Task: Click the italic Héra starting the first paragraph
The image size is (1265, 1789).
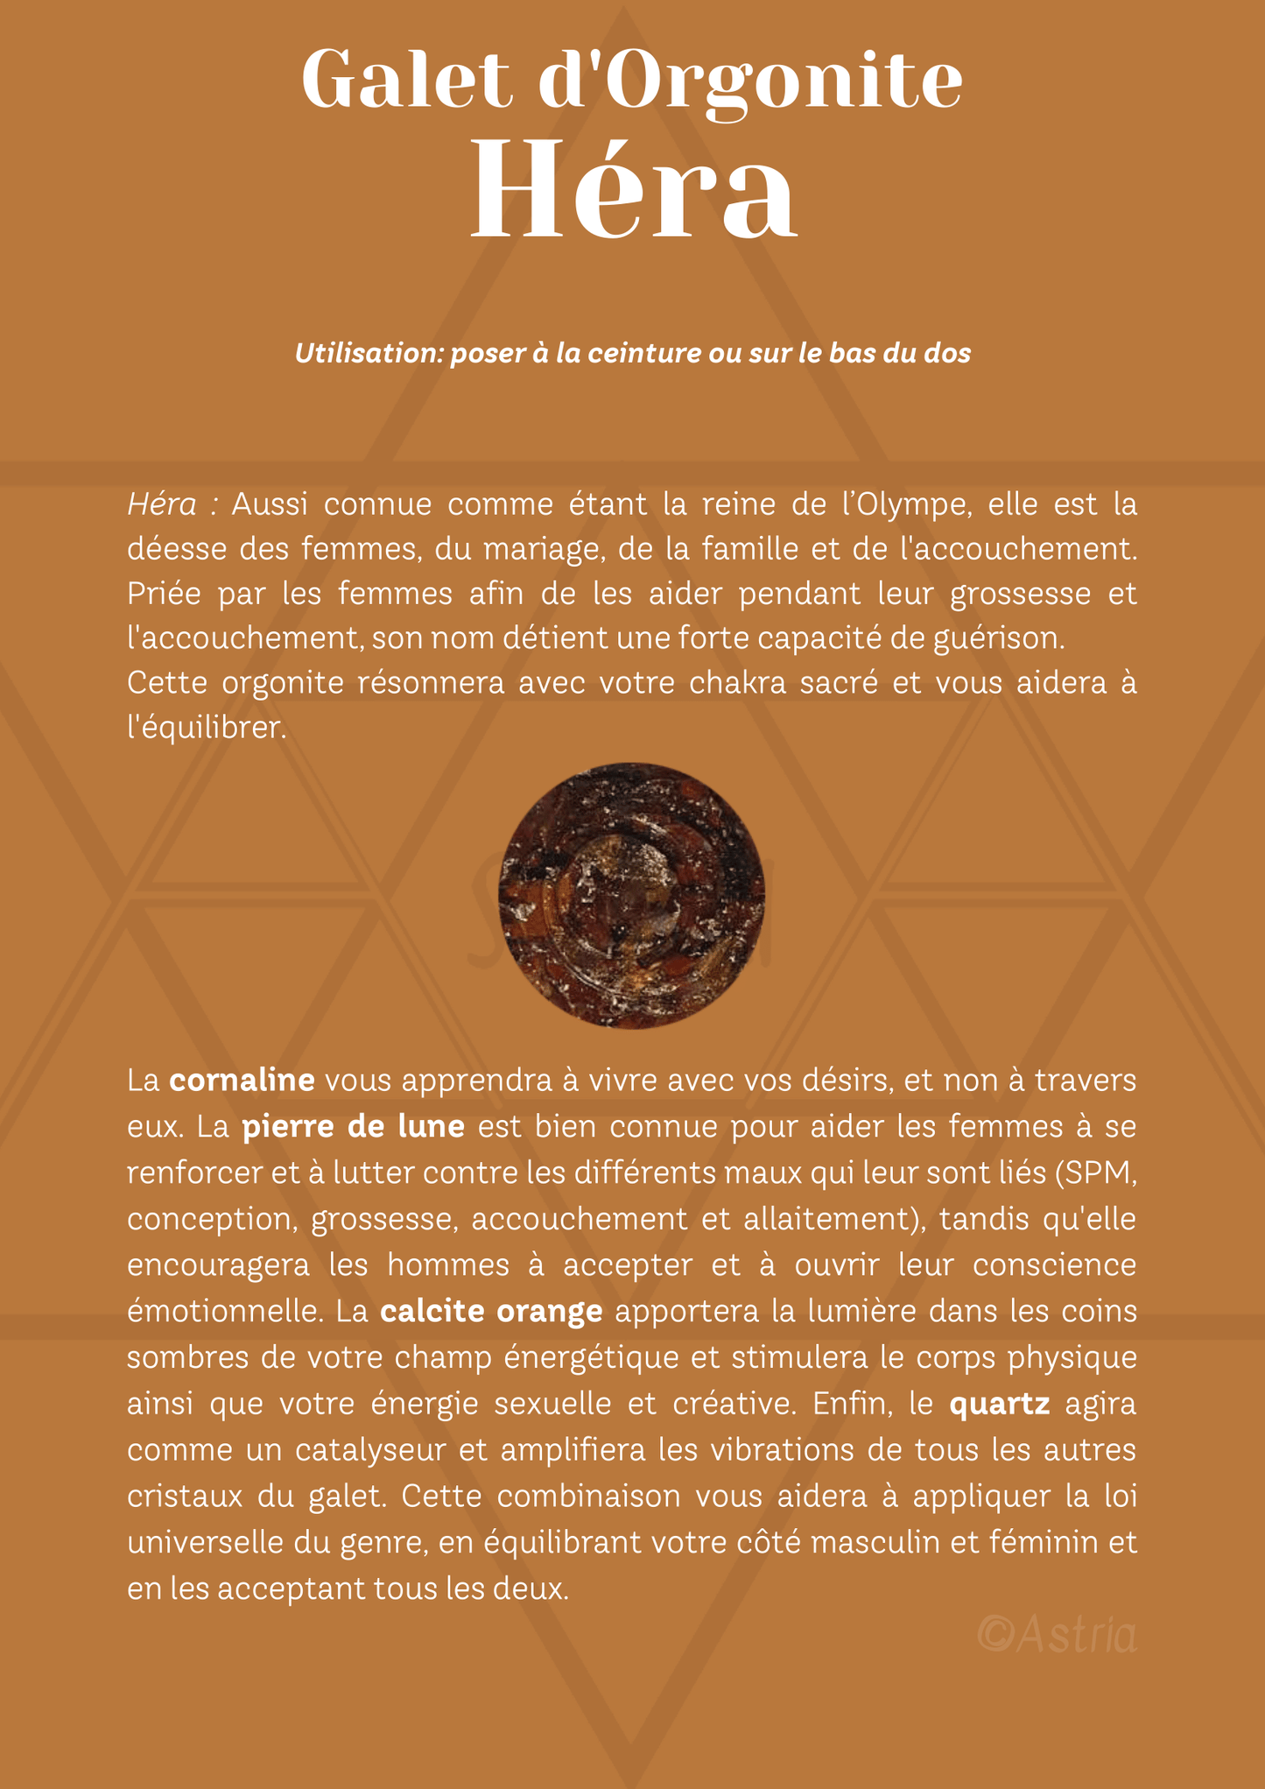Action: click(162, 504)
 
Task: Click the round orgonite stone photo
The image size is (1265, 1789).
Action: click(631, 895)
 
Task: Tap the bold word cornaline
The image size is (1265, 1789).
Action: click(242, 1081)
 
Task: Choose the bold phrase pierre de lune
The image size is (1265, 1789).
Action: click(353, 1126)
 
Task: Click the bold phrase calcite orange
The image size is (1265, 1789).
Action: click(491, 1311)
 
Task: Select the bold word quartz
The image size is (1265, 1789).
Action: click(999, 1404)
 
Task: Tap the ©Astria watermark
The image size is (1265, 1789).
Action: click(1057, 1634)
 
